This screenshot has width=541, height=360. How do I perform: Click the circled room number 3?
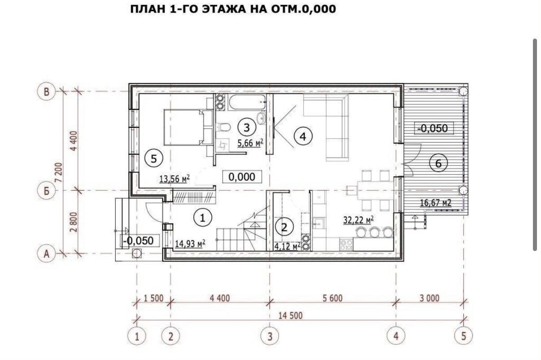coord(247,127)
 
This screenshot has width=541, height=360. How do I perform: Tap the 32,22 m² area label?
coord(358,220)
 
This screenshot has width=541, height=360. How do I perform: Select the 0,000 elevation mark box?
coord(242,177)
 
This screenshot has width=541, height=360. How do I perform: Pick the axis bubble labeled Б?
coord(46,191)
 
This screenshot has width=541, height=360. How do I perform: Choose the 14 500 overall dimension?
coord(290,316)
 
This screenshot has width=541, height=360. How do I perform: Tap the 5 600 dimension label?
coord(332,298)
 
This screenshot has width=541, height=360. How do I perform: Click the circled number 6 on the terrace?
coord(438,164)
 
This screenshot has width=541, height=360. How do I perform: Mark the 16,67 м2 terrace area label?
coord(436,203)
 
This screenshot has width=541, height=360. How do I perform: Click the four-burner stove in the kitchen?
coord(346,244)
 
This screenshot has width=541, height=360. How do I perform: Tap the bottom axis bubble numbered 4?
coord(396,336)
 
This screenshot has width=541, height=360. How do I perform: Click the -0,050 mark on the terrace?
coord(434,128)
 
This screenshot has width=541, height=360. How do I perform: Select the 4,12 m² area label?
coord(287,247)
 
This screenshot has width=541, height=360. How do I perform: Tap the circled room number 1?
coord(203,217)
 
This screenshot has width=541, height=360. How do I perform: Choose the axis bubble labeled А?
coord(46,254)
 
